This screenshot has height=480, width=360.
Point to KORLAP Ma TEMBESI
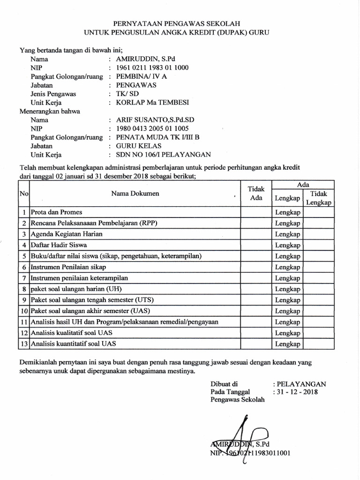[x=150, y=103]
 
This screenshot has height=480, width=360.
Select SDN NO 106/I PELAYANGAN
[x=159, y=154]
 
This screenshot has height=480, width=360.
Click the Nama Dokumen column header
[x=135, y=193]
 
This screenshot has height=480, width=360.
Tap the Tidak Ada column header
[x=256, y=193]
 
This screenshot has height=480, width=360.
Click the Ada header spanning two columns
[x=303, y=185]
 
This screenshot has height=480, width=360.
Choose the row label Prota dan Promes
[x=56, y=212]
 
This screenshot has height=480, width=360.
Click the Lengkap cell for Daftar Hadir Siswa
[x=287, y=245]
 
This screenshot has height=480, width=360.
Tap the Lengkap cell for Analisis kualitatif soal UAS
[x=287, y=333]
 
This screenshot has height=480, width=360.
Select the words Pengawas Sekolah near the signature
[x=238, y=400]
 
